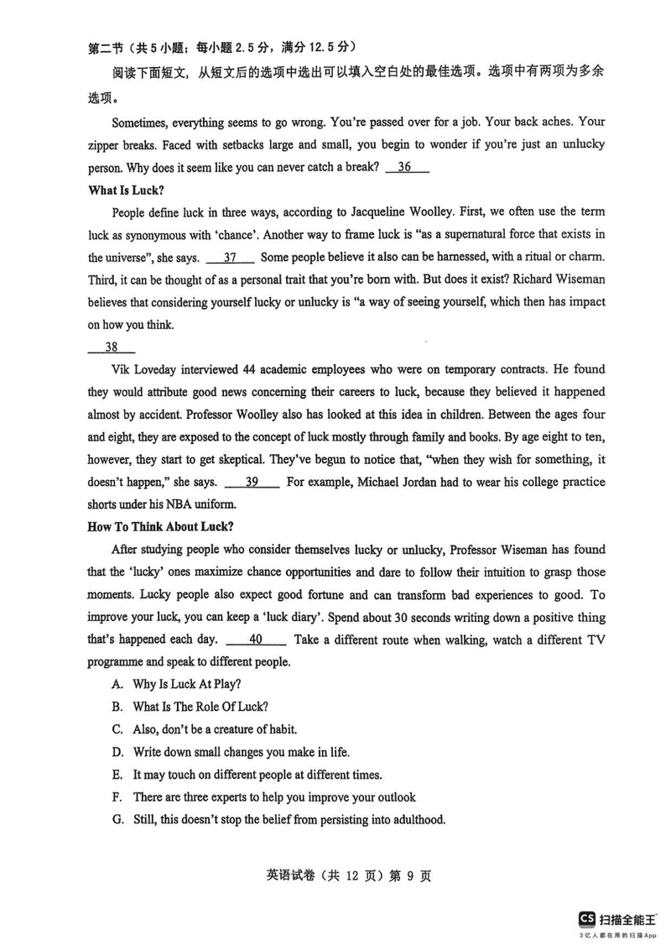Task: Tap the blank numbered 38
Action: coord(111,347)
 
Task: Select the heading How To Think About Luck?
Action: coord(160,527)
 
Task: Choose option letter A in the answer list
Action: coord(117,684)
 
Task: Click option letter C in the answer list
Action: coord(117,729)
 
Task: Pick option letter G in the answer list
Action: coord(117,820)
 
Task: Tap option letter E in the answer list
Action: coord(117,775)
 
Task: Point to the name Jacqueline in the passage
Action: coord(399,211)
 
